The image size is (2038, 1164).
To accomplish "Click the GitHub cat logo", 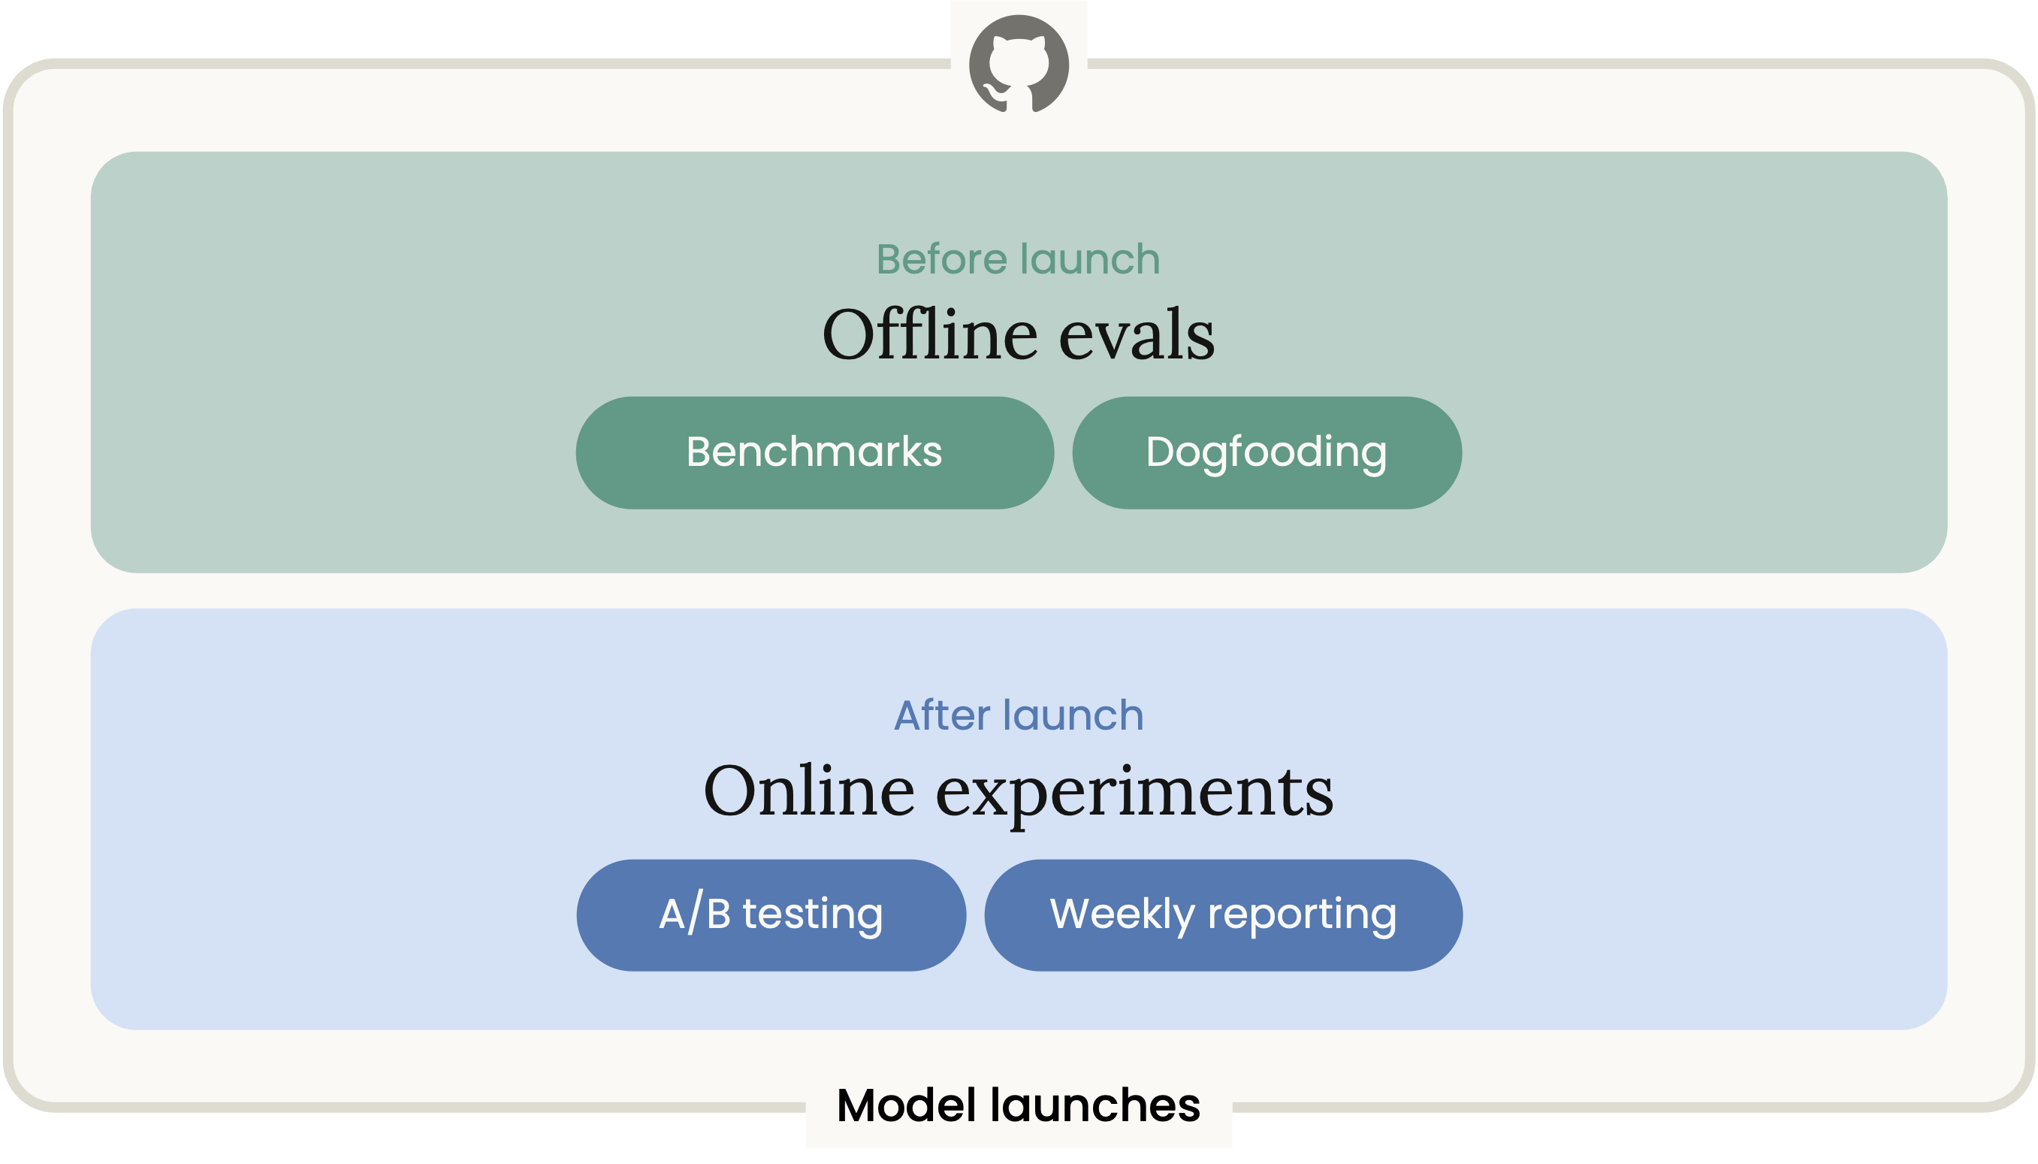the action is (1018, 64).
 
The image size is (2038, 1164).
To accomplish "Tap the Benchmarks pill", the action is (814, 452).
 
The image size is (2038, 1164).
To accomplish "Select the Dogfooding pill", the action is (1267, 452).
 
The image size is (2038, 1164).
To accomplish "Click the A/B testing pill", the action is (771, 915).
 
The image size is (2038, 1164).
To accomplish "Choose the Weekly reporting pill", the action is (1224, 915).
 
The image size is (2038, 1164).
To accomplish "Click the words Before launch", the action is (1018, 259).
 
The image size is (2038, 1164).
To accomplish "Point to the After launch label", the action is (1019, 715).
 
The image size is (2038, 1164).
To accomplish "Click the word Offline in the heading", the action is (930, 334).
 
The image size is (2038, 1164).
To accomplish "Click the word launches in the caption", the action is (1095, 1105).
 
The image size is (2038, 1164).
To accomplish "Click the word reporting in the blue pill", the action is (1302, 916).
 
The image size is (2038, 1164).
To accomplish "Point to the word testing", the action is (813, 915).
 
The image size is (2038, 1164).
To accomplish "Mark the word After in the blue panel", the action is (942, 715).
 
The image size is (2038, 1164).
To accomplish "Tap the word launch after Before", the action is (1090, 259).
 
